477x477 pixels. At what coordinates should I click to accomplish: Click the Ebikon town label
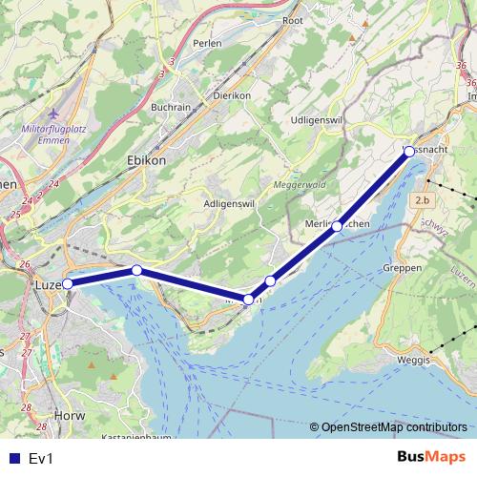click(146, 161)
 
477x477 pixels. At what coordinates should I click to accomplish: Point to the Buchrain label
click(171, 108)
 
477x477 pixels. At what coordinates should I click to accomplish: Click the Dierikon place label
click(232, 95)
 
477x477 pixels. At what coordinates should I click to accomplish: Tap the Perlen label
click(206, 44)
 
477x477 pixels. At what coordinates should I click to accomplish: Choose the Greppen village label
click(403, 269)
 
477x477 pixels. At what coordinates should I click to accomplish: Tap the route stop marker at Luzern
click(68, 283)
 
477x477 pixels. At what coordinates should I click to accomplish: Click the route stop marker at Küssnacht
click(408, 152)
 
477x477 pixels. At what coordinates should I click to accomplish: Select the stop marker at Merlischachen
click(337, 227)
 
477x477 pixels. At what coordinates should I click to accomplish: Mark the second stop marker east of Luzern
click(249, 300)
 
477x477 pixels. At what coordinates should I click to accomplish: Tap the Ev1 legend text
click(40, 459)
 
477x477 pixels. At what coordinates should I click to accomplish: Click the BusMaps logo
click(431, 458)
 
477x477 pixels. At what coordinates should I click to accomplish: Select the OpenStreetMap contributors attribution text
click(394, 426)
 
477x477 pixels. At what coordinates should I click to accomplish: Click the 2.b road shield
click(424, 200)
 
